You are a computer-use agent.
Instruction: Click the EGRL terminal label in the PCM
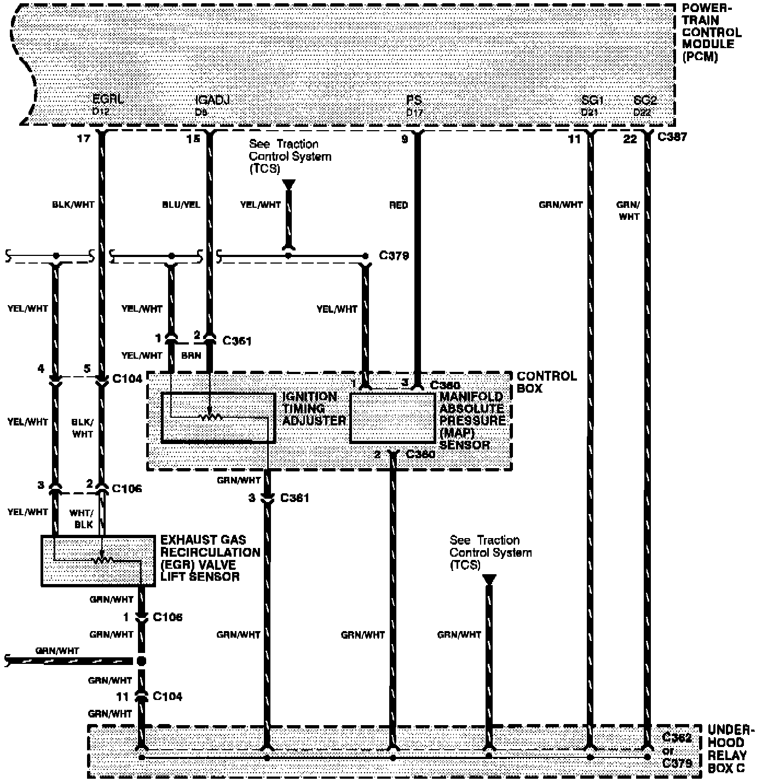[108, 100]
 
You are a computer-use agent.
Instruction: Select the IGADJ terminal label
[212, 100]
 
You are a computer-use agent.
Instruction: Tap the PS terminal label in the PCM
[414, 100]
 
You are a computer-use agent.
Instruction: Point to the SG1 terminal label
[592, 100]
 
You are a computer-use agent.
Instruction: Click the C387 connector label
[672, 137]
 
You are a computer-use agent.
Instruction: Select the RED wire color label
[399, 205]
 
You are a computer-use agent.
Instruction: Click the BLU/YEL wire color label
[181, 205]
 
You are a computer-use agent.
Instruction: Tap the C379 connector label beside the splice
[394, 256]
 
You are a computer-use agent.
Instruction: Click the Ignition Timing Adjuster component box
[218, 417]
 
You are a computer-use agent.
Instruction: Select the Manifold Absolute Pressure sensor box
[392, 417]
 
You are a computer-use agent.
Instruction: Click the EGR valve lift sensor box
[98, 561]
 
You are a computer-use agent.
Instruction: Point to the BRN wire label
[191, 355]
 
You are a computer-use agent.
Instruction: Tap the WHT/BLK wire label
[82, 518]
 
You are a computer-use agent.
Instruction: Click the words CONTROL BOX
[546, 382]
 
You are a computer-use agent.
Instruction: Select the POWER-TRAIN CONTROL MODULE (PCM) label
[711, 32]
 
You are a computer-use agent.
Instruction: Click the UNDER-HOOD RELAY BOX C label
[726, 749]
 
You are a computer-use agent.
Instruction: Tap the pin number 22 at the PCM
[630, 139]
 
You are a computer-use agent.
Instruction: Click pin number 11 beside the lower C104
[122, 697]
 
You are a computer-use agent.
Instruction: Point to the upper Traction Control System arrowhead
[288, 184]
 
